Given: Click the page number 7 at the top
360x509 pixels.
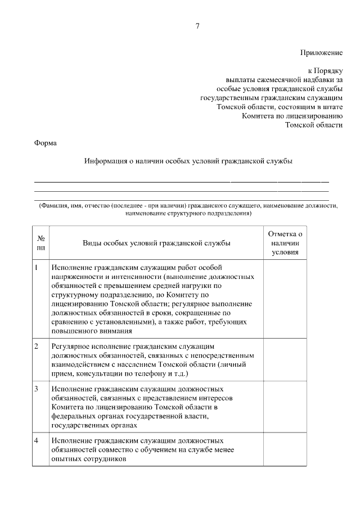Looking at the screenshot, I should pyautogui.click(x=197, y=26).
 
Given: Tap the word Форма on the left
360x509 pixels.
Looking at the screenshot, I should pyautogui.click(x=46, y=143).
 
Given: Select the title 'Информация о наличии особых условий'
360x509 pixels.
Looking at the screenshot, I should pyautogui.click(x=188, y=161).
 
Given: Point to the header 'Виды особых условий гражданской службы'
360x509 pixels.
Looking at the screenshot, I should pyautogui.click(x=156, y=243).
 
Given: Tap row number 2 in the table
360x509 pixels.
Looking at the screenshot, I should pyautogui.click(x=37, y=346).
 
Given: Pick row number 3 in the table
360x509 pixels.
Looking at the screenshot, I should pyautogui.click(x=37, y=389).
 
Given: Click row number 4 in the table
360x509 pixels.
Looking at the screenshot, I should pyautogui.click(x=37, y=440).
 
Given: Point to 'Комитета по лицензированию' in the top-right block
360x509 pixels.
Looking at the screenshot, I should pyautogui.click(x=292, y=115).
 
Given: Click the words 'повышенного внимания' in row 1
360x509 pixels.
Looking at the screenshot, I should pyautogui.click(x=92, y=331).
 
